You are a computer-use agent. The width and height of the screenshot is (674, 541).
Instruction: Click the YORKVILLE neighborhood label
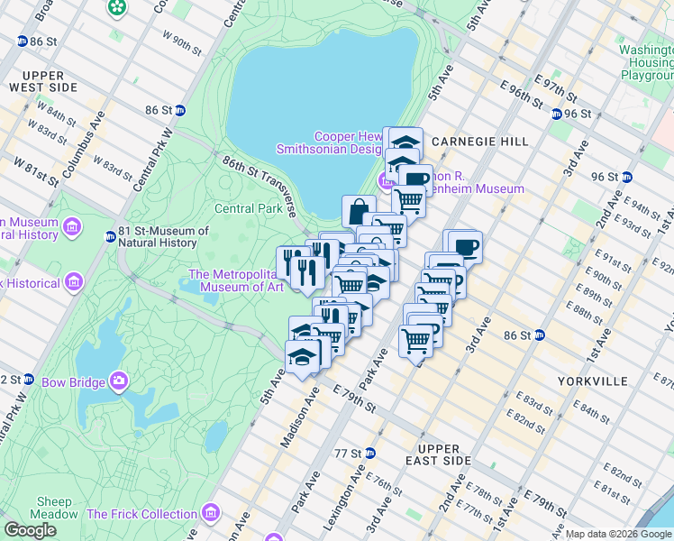pos(592,381)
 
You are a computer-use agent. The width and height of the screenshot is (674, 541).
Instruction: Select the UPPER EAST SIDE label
pos(439,454)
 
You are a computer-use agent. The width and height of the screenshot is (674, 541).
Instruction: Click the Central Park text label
pos(249,208)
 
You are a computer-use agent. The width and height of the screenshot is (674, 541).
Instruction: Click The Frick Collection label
pos(141,515)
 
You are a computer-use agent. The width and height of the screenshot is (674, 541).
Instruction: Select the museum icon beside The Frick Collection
pos(210,514)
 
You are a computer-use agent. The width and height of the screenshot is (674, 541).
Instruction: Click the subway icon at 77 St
pos(368,453)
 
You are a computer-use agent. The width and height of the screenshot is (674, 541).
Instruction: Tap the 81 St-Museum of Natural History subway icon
pos(110,237)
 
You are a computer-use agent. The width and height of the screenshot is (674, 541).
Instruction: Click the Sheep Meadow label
pos(55,508)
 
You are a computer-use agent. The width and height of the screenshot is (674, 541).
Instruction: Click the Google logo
pos(30,530)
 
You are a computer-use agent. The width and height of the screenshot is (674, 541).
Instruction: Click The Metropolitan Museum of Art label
pos(236,280)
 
